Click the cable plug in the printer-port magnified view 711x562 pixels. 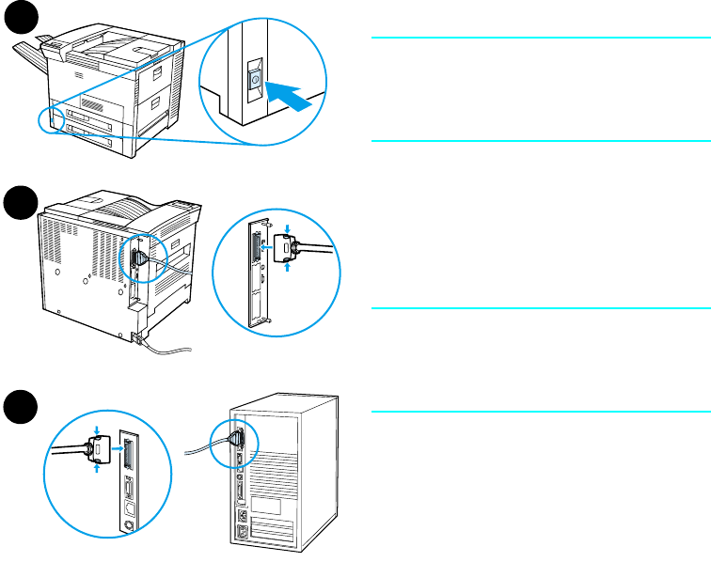click(287, 250)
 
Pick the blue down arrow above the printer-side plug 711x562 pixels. click(286, 226)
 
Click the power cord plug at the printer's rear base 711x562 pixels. click(141, 337)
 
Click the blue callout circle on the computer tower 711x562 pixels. click(233, 444)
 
